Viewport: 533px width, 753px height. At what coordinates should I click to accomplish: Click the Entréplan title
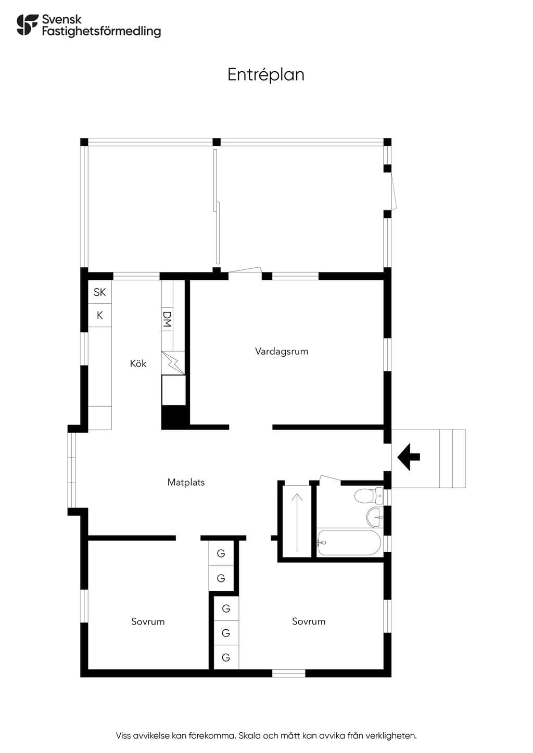pyautogui.click(x=266, y=75)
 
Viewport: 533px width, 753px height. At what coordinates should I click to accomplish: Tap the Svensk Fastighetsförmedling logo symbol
pyautogui.click(x=28, y=24)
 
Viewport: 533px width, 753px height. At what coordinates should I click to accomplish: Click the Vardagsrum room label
pyautogui.click(x=282, y=352)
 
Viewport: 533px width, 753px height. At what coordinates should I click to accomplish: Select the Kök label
pyautogui.click(x=138, y=363)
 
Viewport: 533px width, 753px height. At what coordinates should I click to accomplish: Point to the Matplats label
pyautogui.click(x=186, y=483)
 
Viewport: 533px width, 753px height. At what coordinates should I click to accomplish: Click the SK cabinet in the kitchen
pyautogui.click(x=99, y=292)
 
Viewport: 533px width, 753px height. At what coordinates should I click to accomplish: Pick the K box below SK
pyautogui.click(x=99, y=315)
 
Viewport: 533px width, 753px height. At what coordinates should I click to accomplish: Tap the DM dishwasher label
pyautogui.click(x=167, y=319)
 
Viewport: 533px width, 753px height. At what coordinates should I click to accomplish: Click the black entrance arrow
pyautogui.click(x=409, y=457)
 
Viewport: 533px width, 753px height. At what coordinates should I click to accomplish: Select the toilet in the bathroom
pyautogui.click(x=369, y=496)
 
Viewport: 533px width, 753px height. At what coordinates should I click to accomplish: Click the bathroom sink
pyautogui.click(x=375, y=517)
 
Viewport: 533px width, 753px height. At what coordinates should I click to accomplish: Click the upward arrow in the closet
pyautogui.click(x=297, y=523)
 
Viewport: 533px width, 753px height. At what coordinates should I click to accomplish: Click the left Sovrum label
pyautogui.click(x=148, y=621)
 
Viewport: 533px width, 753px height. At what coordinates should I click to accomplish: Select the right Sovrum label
pyautogui.click(x=309, y=621)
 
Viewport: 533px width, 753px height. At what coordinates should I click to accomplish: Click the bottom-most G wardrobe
pyautogui.click(x=226, y=657)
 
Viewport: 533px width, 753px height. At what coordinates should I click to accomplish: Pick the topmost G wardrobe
pyautogui.click(x=221, y=553)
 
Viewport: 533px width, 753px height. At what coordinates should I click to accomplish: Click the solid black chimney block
pyautogui.click(x=174, y=417)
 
